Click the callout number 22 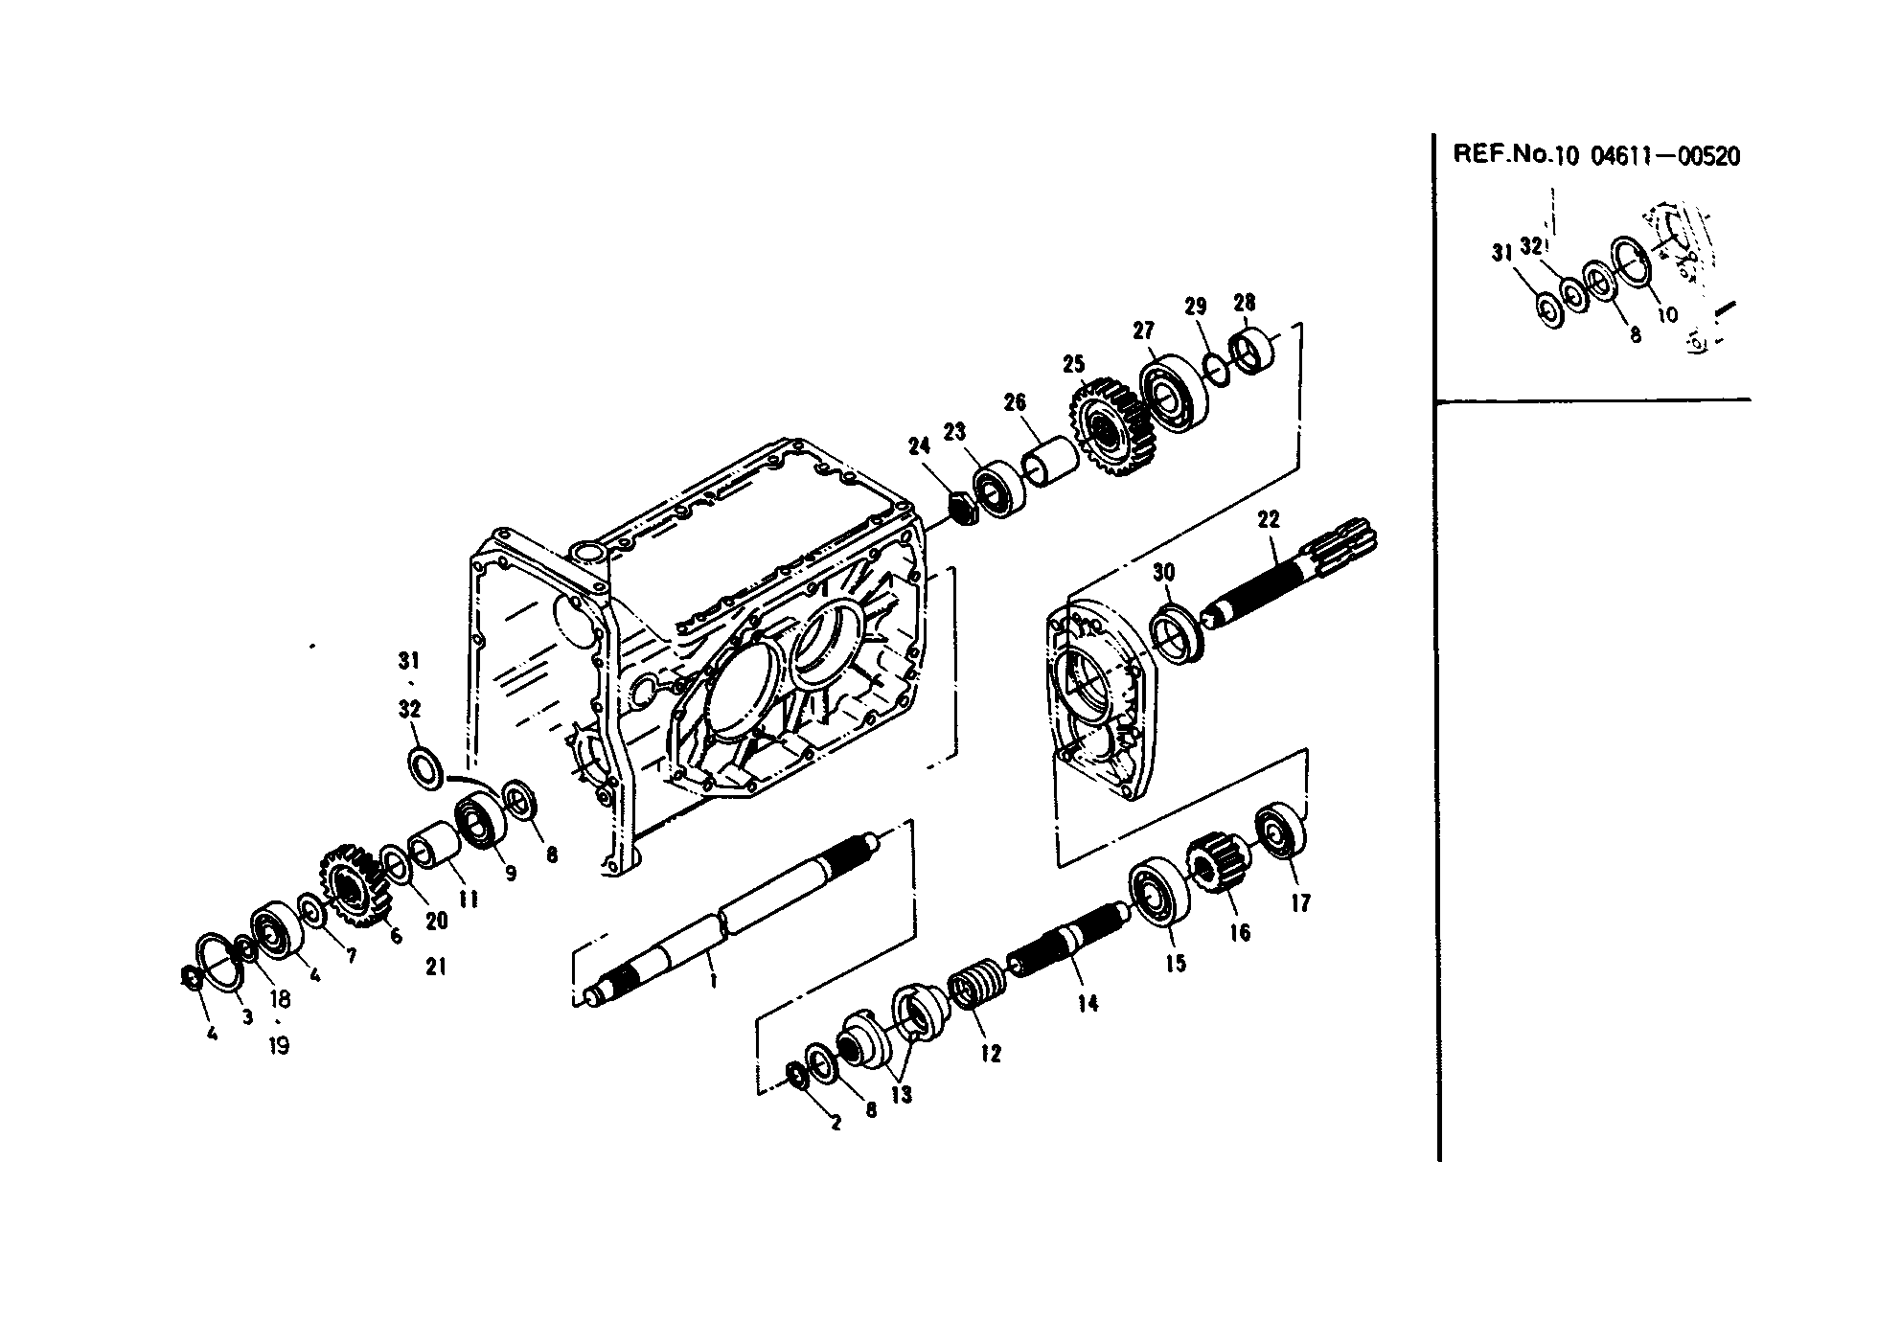click(x=1268, y=519)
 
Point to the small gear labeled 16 click(x=1217, y=862)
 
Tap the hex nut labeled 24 click(x=962, y=507)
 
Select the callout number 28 click(x=1244, y=303)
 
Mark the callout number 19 click(x=279, y=1045)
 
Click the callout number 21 click(x=436, y=968)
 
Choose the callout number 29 click(x=1195, y=307)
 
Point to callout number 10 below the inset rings click(x=1667, y=313)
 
